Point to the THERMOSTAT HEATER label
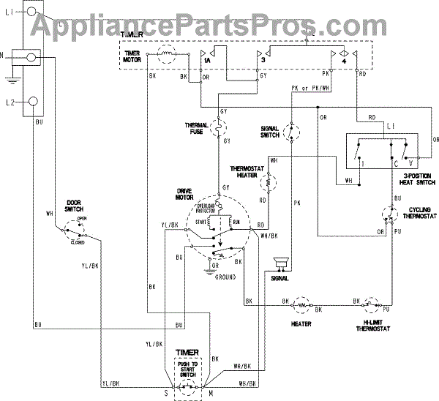[x=246, y=171]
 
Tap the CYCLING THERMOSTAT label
[x=416, y=214]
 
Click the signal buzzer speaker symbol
[x=279, y=263]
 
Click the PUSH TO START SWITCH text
[x=190, y=367]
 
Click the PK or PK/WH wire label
[x=306, y=89]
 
